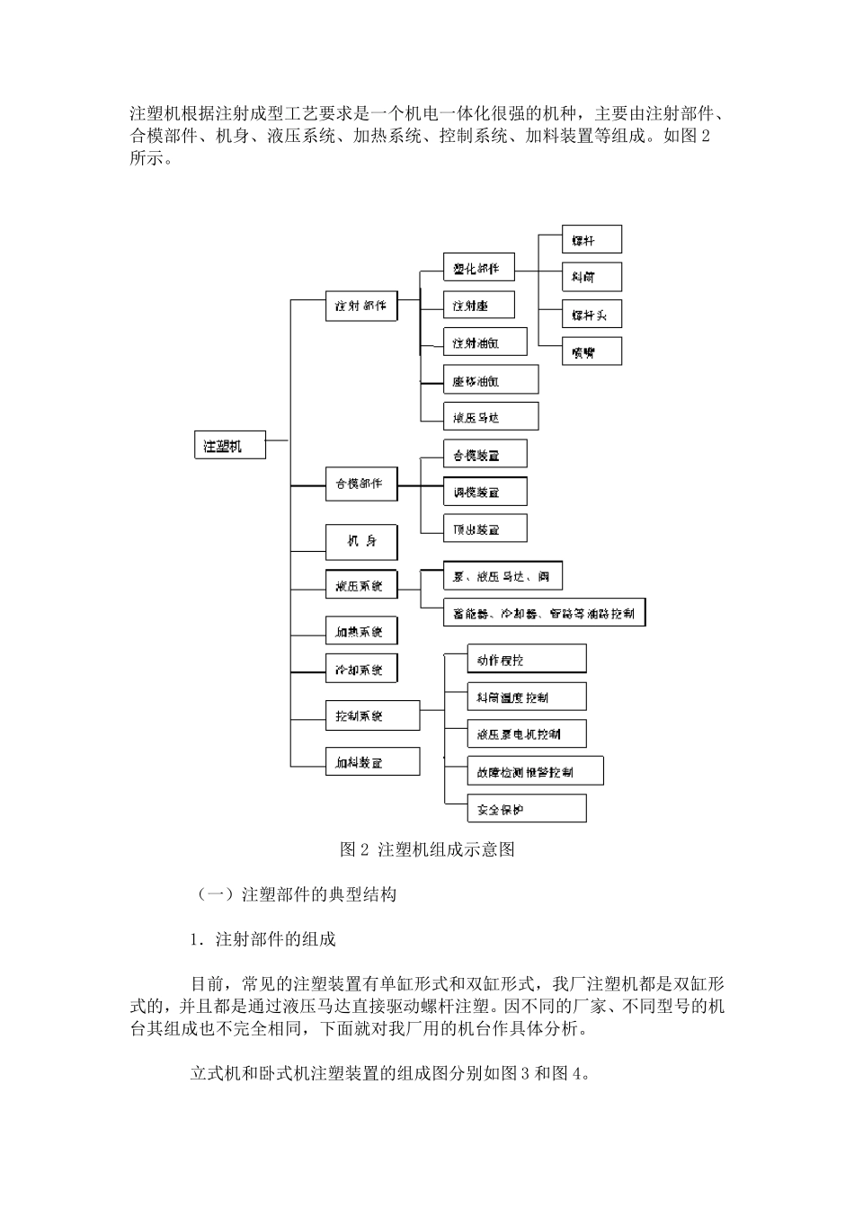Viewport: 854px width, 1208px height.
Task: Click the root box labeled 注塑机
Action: (x=230, y=445)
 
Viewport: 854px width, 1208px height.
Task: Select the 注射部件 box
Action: (x=360, y=306)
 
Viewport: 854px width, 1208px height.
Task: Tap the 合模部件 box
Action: (x=360, y=484)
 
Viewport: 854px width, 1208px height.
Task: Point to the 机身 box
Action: (x=360, y=541)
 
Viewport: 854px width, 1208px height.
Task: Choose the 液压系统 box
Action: (x=360, y=586)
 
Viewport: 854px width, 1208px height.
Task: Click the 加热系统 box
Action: (x=360, y=632)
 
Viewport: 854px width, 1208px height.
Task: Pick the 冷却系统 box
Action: (x=360, y=670)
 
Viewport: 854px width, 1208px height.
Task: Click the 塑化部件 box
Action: (x=478, y=268)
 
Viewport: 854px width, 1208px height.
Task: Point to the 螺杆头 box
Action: (x=591, y=315)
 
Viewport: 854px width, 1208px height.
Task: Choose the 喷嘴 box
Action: (x=591, y=352)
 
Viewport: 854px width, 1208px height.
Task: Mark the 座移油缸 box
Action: (x=490, y=380)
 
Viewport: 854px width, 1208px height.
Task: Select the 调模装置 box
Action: (x=485, y=493)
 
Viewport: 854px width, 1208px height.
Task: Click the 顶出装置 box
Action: (x=485, y=529)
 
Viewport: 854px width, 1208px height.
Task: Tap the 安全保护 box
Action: (x=526, y=810)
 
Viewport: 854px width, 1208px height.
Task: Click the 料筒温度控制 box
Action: (x=526, y=697)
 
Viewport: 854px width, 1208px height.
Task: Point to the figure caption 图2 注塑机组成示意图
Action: (x=428, y=849)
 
